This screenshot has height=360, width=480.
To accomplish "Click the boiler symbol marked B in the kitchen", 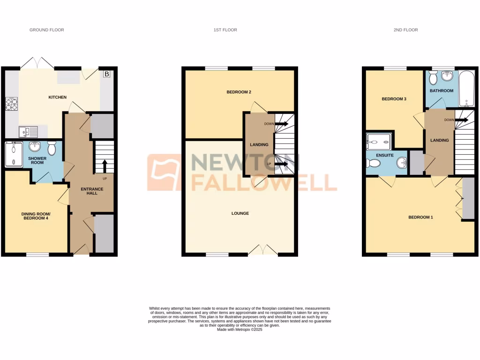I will pos(106,74).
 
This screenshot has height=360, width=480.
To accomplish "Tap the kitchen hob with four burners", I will pos(11,103).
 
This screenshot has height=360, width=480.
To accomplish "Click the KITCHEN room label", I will pos(58,97).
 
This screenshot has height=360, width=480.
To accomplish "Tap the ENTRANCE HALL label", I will pos(92,191).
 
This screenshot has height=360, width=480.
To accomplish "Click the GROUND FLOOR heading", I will pos(46,30).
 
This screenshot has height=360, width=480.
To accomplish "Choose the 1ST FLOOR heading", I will pos(225,30).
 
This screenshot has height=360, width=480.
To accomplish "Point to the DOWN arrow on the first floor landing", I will pos(281,124).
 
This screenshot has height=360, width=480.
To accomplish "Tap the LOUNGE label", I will pos(240,213).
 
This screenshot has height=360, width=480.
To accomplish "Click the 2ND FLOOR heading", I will pos(405,30).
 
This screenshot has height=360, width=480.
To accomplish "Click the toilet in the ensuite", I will pos(374,163).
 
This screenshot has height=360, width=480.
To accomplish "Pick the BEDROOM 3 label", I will pos(394,99).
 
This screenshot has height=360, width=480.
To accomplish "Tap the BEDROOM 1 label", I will pos(420,217).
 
